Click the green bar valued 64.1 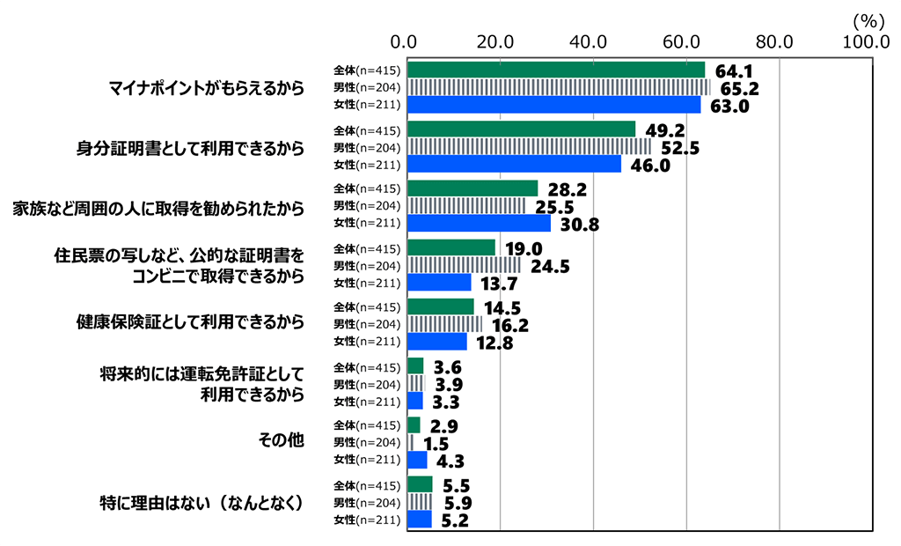pos(556,70)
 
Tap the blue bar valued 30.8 pos(480,224)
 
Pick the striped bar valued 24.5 pos(465,265)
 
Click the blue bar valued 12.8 pos(438,342)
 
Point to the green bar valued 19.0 pos(451,247)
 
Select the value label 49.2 pos(663,130)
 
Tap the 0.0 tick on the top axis pos(408,41)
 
